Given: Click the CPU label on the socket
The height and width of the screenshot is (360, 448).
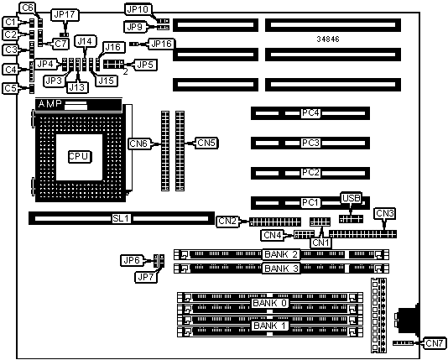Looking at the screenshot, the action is [80, 157].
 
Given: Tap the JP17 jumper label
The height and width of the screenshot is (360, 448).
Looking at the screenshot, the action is [65, 15].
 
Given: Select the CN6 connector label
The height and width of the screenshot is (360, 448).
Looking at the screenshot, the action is [138, 143].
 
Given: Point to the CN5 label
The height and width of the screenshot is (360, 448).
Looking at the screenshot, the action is [206, 143].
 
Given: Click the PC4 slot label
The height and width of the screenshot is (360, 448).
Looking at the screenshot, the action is [310, 112].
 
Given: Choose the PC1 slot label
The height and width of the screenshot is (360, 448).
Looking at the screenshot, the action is [310, 202].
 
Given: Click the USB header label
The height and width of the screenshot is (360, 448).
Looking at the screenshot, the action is [352, 198].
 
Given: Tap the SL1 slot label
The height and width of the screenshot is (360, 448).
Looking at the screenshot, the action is [121, 218].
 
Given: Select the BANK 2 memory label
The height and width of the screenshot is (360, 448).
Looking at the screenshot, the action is [281, 254].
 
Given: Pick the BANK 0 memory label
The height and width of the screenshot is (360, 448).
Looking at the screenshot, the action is [270, 303].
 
